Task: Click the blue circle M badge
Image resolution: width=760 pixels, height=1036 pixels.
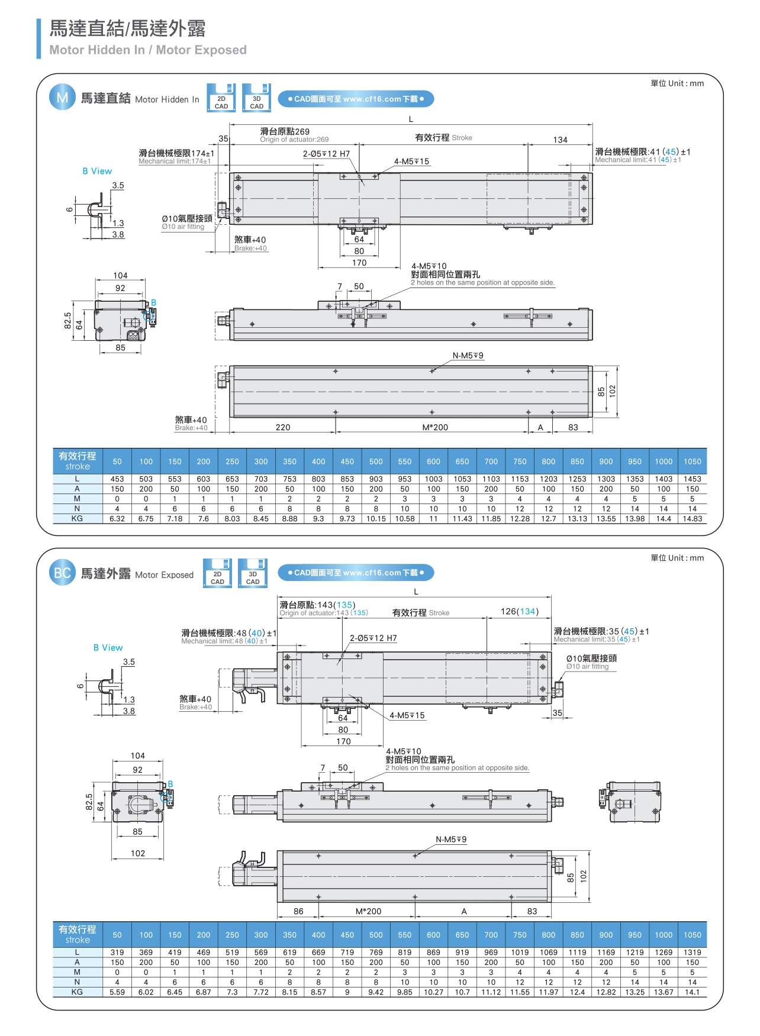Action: coord(62,98)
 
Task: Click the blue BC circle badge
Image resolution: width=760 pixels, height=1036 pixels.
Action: coord(62,573)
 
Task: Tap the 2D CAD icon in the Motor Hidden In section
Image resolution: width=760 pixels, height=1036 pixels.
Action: coord(221,98)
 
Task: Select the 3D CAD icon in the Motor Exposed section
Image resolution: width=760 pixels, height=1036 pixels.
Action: coord(253,573)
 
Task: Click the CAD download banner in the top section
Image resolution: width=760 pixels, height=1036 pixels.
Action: coord(356,99)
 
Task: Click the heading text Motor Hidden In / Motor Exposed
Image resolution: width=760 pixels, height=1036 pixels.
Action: coord(148,50)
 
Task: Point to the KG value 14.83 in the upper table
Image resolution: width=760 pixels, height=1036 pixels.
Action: coord(692,519)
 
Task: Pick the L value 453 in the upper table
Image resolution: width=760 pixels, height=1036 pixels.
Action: coord(117,479)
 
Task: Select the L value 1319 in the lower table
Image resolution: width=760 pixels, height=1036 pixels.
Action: coord(692,953)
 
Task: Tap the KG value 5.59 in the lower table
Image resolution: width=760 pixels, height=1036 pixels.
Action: coord(117,992)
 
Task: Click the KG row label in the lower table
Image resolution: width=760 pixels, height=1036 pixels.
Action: coord(77,992)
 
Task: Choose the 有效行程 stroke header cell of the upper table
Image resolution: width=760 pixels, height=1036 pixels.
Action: coord(78,461)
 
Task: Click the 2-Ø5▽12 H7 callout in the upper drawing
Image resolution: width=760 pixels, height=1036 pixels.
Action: coord(326,154)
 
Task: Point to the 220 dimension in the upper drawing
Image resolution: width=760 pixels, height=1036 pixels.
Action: coord(283,427)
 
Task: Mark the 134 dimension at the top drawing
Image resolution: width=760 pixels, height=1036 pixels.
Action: coord(560,140)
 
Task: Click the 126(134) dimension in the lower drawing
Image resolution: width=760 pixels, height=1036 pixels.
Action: coord(519,612)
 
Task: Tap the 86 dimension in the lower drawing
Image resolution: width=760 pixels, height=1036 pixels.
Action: coord(298,911)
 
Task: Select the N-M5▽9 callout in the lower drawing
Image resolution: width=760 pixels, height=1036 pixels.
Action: coord(451,840)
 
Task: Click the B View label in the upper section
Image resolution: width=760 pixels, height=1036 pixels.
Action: coord(97,171)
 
